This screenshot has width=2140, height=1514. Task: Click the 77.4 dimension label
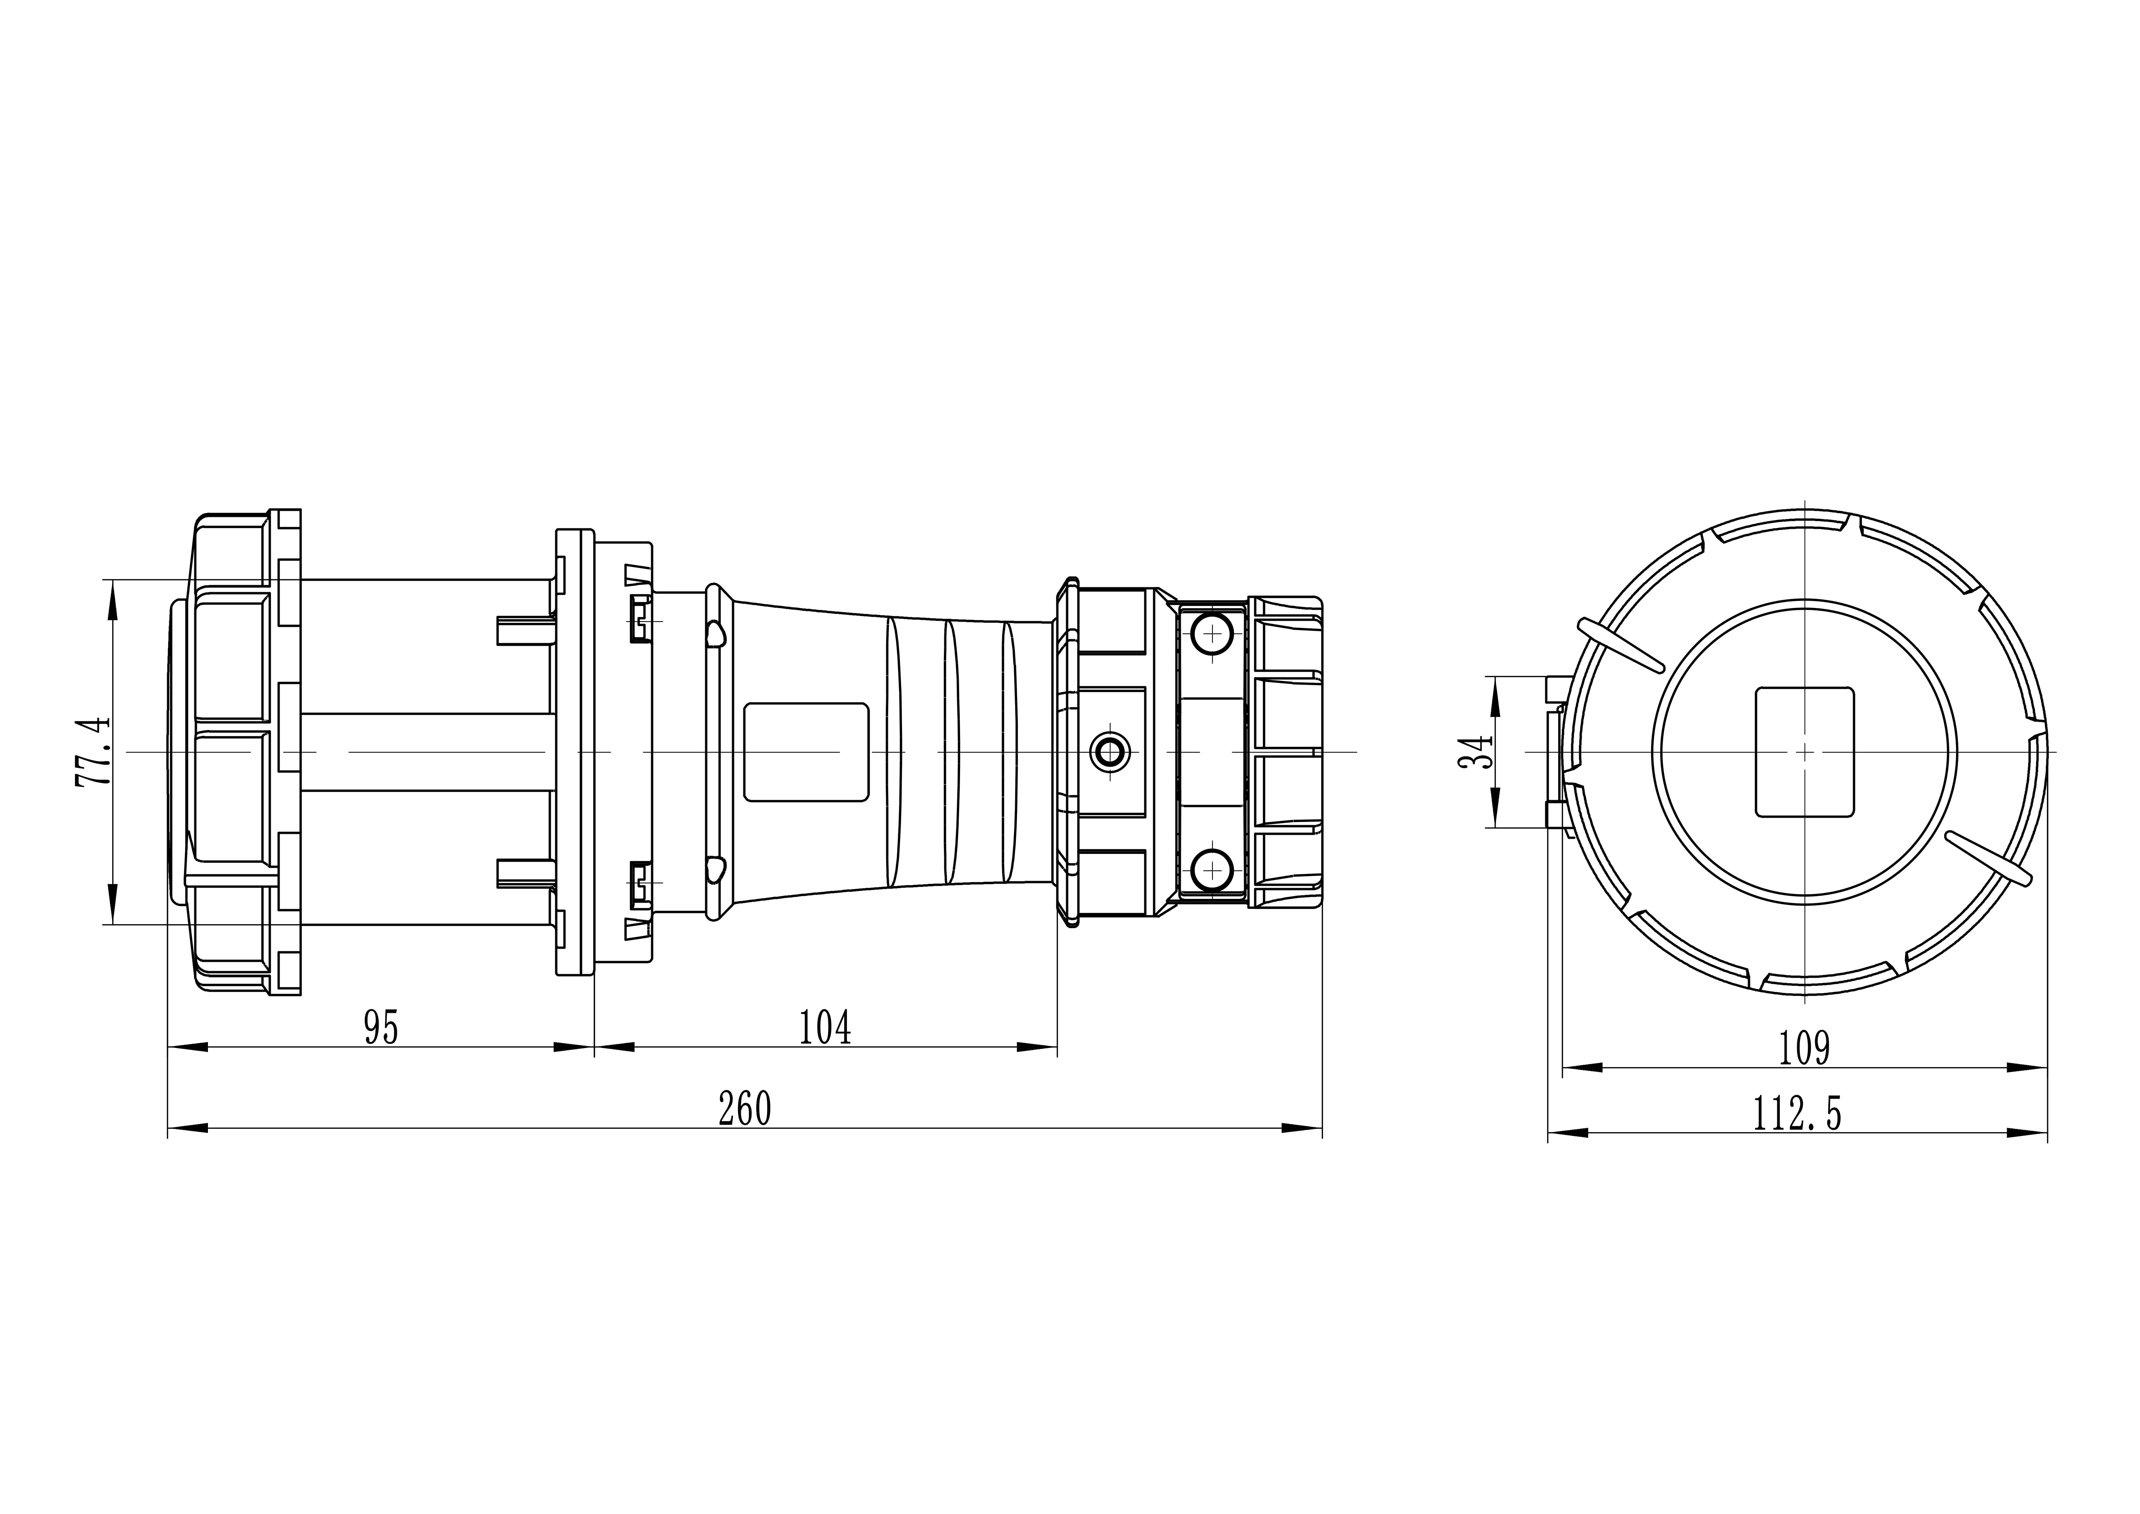[93, 752]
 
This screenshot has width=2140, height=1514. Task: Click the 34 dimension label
[1476, 752]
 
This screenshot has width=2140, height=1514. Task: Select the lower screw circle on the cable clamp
[1212, 870]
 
